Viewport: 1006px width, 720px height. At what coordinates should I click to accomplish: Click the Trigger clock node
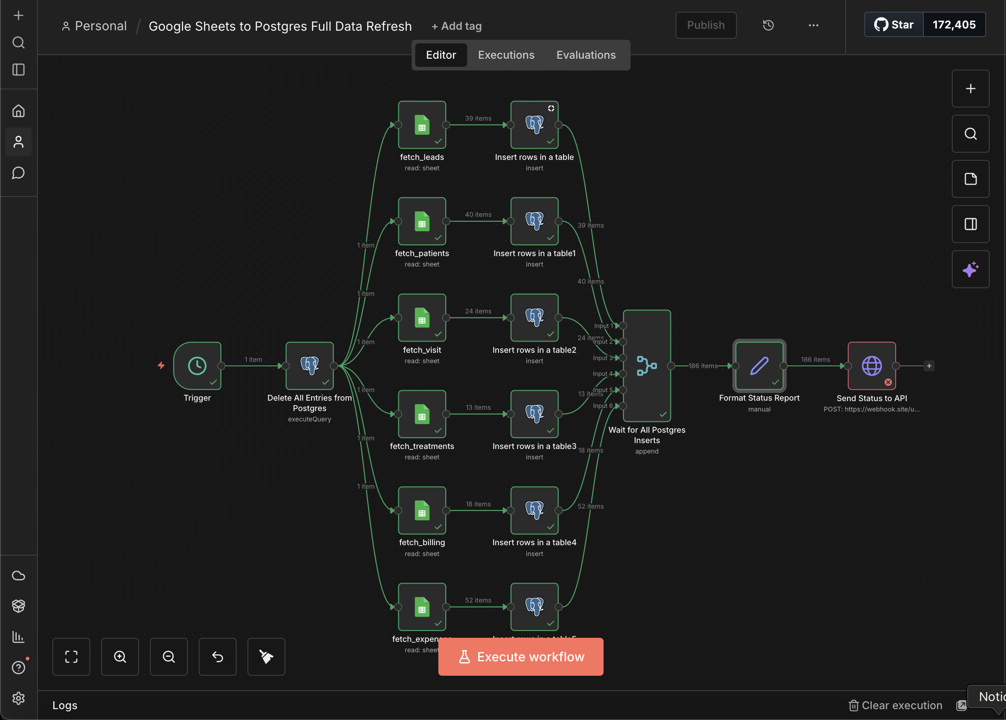click(x=197, y=365)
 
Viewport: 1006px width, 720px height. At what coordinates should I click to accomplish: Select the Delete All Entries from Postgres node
click(x=310, y=365)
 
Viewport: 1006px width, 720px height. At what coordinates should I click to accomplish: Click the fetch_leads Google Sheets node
click(x=422, y=125)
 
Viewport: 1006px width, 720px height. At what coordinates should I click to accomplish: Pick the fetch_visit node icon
click(x=422, y=318)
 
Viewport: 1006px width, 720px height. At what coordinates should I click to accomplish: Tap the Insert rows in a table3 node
click(x=535, y=414)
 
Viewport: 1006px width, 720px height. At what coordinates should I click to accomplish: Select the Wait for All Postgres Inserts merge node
click(x=647, y=365)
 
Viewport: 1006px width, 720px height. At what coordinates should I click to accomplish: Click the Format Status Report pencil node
click(x=759, y=365)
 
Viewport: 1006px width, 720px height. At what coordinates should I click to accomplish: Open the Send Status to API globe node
click(x=871, y=365)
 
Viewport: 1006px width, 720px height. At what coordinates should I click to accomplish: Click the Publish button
click(x=706, y=25)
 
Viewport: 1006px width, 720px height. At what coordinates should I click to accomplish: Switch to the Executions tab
click(x=506, y=55)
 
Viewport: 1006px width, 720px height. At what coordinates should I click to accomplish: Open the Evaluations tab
click(x=586, y=55)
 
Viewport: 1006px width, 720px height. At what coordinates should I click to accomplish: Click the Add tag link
click(x=456, y=26)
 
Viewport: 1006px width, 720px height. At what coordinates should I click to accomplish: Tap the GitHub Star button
click(x=894, y=25)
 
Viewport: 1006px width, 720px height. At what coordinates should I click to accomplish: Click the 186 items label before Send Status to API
click(x=815, y=360)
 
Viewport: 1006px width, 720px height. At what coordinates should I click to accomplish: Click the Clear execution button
click(x=896, y=705)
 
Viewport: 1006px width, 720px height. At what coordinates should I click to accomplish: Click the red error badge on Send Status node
click(x=888, y=382)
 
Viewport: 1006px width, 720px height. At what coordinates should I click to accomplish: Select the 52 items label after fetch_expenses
click(x=478, y=600)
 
